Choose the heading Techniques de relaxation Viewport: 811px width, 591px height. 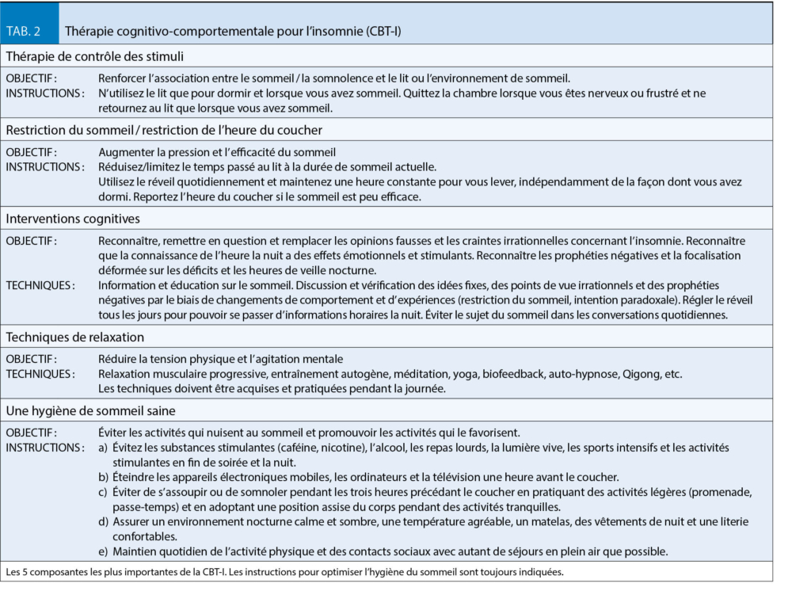click(75, 337)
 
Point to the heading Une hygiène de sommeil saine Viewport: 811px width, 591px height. click(90, 410)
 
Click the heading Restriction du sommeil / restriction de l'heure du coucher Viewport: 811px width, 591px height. click(164, 130)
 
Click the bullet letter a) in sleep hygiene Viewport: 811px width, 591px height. click(104, 448)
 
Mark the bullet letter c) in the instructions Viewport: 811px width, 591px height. click(104, 492)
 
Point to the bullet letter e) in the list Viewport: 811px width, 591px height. click(104, 551)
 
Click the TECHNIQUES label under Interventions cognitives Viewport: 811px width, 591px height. click(40, 285)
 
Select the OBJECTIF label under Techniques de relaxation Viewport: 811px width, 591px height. click(32, 359)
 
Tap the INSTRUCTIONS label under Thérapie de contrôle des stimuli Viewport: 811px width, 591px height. click(45, 93)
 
